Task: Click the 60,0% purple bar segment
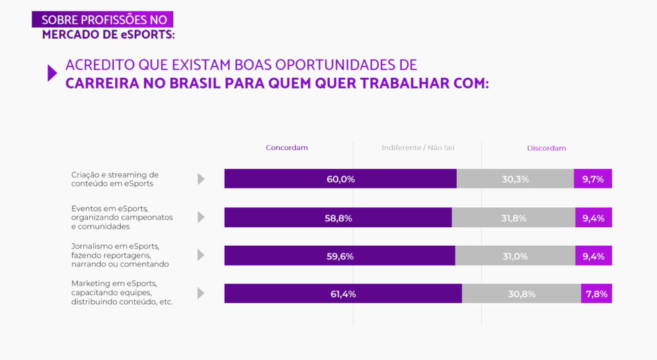(x=340, y=179)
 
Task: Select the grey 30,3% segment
(x=515, y=179)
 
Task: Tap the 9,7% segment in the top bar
(x=593, y=179)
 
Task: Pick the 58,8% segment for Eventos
(x=338, y=218)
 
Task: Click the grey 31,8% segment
(x=513, y=218)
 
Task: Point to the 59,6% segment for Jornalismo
(x=339, y=256)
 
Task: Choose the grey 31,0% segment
(x=515, y=256)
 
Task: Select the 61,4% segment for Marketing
(x=343, y=294)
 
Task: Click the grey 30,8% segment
(x=521, y=294)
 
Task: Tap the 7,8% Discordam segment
(x=597, y=294)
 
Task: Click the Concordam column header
(x=287, y=148)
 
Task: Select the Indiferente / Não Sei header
(x=418, y=148)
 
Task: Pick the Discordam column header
(x=547, y=148)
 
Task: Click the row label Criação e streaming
(x=115, y=179)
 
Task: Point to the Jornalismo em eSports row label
(x=120, y=255)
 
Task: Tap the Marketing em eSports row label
(x=122, y=293)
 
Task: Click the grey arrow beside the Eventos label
(x=201, y=218)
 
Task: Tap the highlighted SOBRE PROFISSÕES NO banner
(x=103, y=20)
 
